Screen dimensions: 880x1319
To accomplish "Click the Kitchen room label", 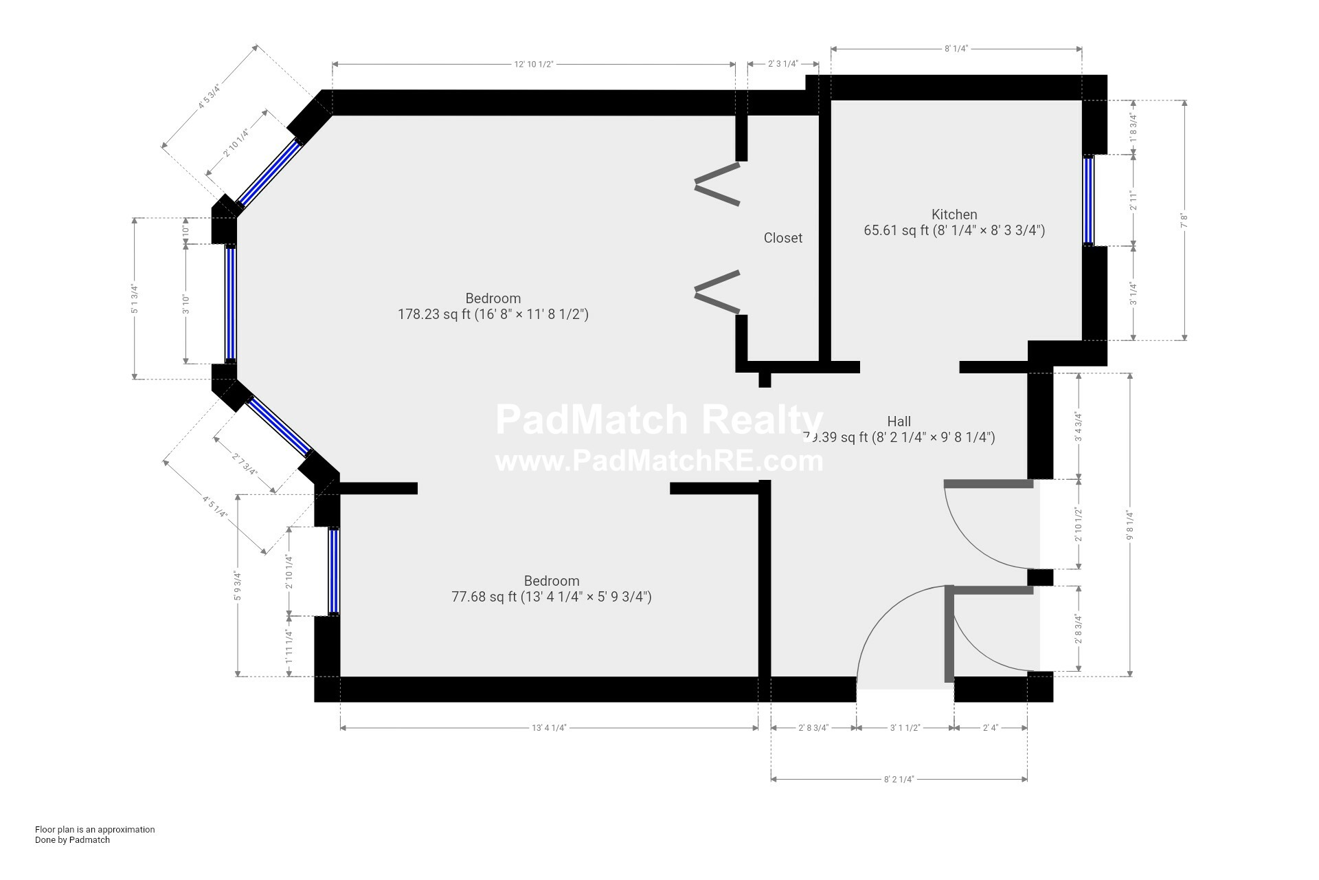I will pos(954,214).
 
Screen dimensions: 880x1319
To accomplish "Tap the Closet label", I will pos(782,238).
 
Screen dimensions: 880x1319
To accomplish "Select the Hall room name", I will pos(899,421).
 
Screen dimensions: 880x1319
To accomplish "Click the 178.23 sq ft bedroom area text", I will pos(493,315).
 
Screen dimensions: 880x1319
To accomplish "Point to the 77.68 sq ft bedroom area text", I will pos(551,597).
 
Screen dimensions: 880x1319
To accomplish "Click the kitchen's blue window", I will pos(1088,200).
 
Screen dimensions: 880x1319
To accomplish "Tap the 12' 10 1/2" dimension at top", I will pos(534,64).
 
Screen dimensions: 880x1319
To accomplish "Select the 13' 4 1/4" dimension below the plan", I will pos(548,727).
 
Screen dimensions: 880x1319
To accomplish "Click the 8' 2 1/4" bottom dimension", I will pos(899,779).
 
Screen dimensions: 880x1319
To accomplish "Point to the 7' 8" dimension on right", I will pos(1184,221).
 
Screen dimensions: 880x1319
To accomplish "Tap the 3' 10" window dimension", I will pos(185,304).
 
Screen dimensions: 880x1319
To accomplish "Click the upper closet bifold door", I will pos(717,184).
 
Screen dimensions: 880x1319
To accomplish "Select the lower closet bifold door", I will pos(717,291).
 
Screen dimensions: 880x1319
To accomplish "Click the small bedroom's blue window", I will pos(333,571).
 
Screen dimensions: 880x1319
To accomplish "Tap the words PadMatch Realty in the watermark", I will pos(658,419).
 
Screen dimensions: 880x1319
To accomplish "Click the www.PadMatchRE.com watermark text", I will pos(658,461).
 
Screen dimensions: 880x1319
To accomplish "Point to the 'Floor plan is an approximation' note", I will pos(95,829).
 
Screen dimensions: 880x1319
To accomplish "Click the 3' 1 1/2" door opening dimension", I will pos(905,727).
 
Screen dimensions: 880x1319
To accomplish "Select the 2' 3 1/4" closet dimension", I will pos(782,64).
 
